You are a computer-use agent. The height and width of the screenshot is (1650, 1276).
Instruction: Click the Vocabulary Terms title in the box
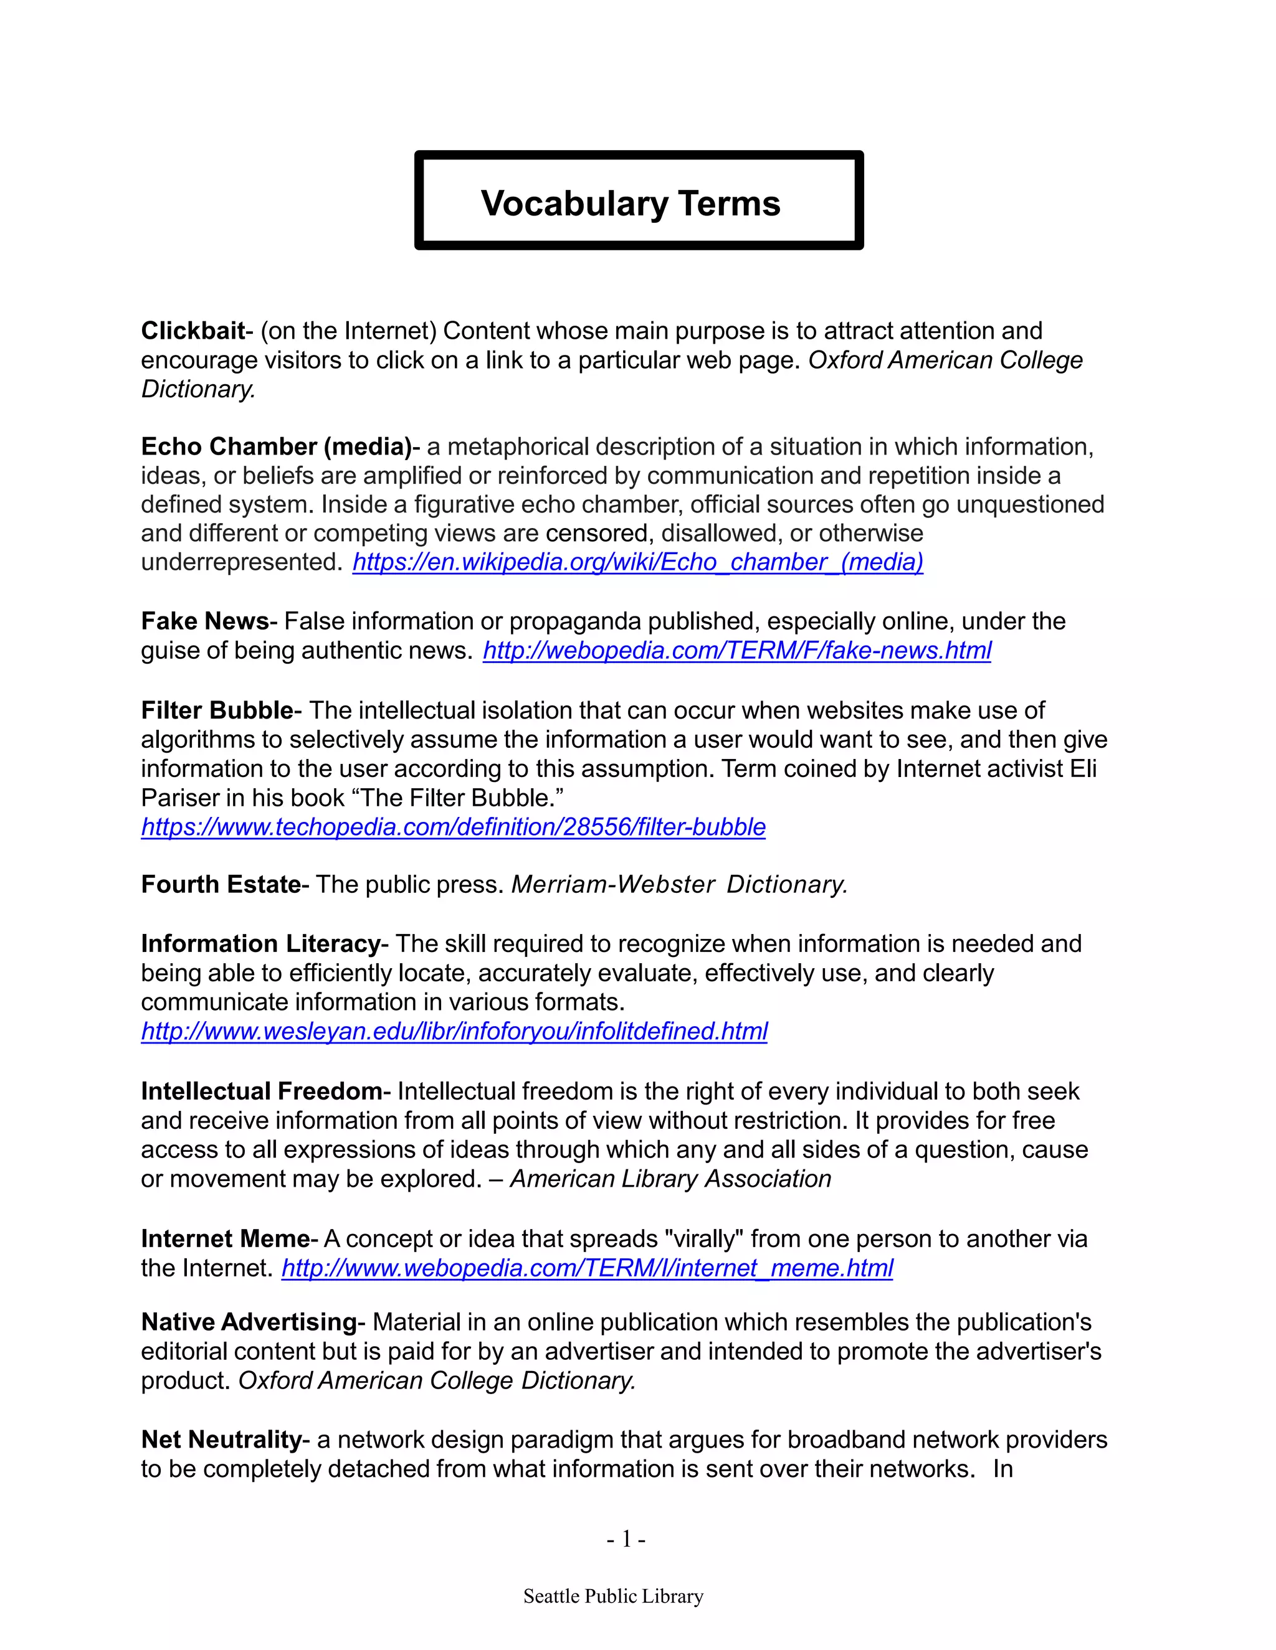[x=631, y=203]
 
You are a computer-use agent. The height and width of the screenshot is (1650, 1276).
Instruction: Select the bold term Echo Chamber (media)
[x=276, y=446]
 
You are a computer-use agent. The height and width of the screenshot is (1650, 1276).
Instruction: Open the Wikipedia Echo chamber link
[x=637, y=562]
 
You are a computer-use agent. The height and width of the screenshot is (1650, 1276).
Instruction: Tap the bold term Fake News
[x=205, y=621]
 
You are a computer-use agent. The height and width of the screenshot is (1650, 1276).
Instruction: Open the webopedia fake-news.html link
[x=736, y=651]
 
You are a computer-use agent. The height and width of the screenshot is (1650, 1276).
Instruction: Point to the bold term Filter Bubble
[x=217, y=710]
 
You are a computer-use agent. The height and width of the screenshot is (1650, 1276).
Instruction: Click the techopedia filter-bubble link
[x=453, y=827]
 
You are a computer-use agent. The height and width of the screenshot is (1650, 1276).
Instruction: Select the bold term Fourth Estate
[x=221, y=885]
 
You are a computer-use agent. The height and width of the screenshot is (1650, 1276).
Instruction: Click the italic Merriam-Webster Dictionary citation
[x=679, y=885]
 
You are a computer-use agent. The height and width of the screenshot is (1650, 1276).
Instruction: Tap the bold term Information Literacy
[x=260, y=943]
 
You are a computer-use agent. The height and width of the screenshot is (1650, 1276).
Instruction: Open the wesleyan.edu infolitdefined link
[x=454, y=1031]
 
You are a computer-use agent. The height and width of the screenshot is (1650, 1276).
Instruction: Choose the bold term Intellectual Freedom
[x=262, y=1091]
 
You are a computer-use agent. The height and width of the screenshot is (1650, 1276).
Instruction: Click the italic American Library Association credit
[x=670, y=1179]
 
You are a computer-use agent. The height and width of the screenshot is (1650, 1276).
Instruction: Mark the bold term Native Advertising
[x=249, y=1322]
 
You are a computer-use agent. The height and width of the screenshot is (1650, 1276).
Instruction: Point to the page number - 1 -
[x=626, y=1539]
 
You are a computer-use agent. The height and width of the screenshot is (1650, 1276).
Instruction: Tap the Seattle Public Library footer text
[x=613, y=1596]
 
